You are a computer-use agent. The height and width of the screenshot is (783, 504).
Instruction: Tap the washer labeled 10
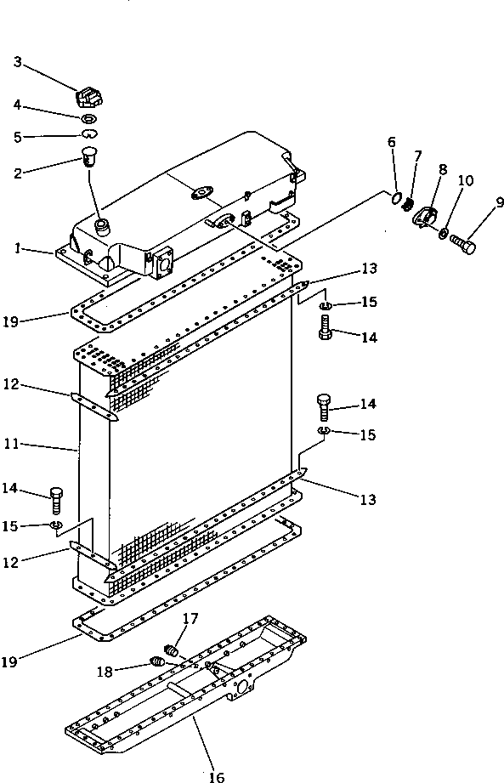[445, 233]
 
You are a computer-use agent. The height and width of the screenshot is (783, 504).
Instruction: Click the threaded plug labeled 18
[157, 662]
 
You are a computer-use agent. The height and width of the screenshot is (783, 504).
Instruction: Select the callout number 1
[17, 249]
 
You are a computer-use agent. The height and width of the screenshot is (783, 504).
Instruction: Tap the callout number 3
[18, 61]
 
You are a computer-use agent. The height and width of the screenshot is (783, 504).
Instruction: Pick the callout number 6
[392, 142]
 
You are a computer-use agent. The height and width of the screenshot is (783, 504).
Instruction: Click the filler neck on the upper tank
[103, 225]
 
